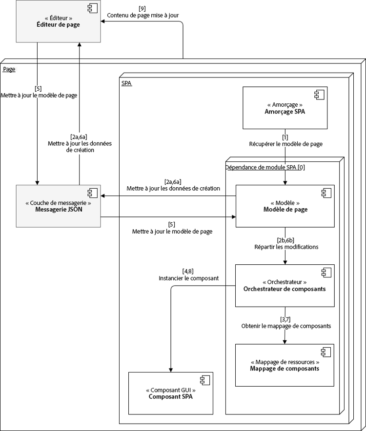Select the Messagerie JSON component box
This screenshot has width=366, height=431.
[58, 206]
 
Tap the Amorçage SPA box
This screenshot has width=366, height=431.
[285, 108]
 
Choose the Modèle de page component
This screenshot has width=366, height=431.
[285, 206]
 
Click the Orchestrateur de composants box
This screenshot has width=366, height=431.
[285, 285]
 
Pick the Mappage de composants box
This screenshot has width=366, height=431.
[285, 365]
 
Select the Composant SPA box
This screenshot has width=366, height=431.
[170, 393]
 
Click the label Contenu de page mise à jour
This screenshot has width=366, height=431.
[142, 15]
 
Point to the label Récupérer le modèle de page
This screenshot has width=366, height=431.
[285, 144]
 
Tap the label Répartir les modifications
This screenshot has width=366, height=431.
[286, 247]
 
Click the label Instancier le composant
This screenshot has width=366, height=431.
[188, 278]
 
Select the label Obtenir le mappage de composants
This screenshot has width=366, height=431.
[286, 326]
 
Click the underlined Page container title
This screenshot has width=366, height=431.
[9, 69]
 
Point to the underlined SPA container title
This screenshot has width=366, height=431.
[126, 83]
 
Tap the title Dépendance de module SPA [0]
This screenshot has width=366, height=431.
[265, 167]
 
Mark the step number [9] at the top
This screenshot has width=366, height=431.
[142, 8]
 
